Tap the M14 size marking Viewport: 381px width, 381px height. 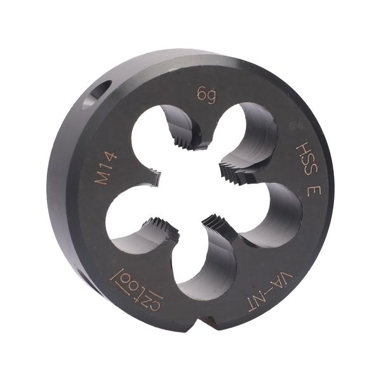click(x=105, y=168)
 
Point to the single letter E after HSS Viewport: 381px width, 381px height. click(x=314, y=189)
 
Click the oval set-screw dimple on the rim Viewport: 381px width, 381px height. click(x=97, y=95)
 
